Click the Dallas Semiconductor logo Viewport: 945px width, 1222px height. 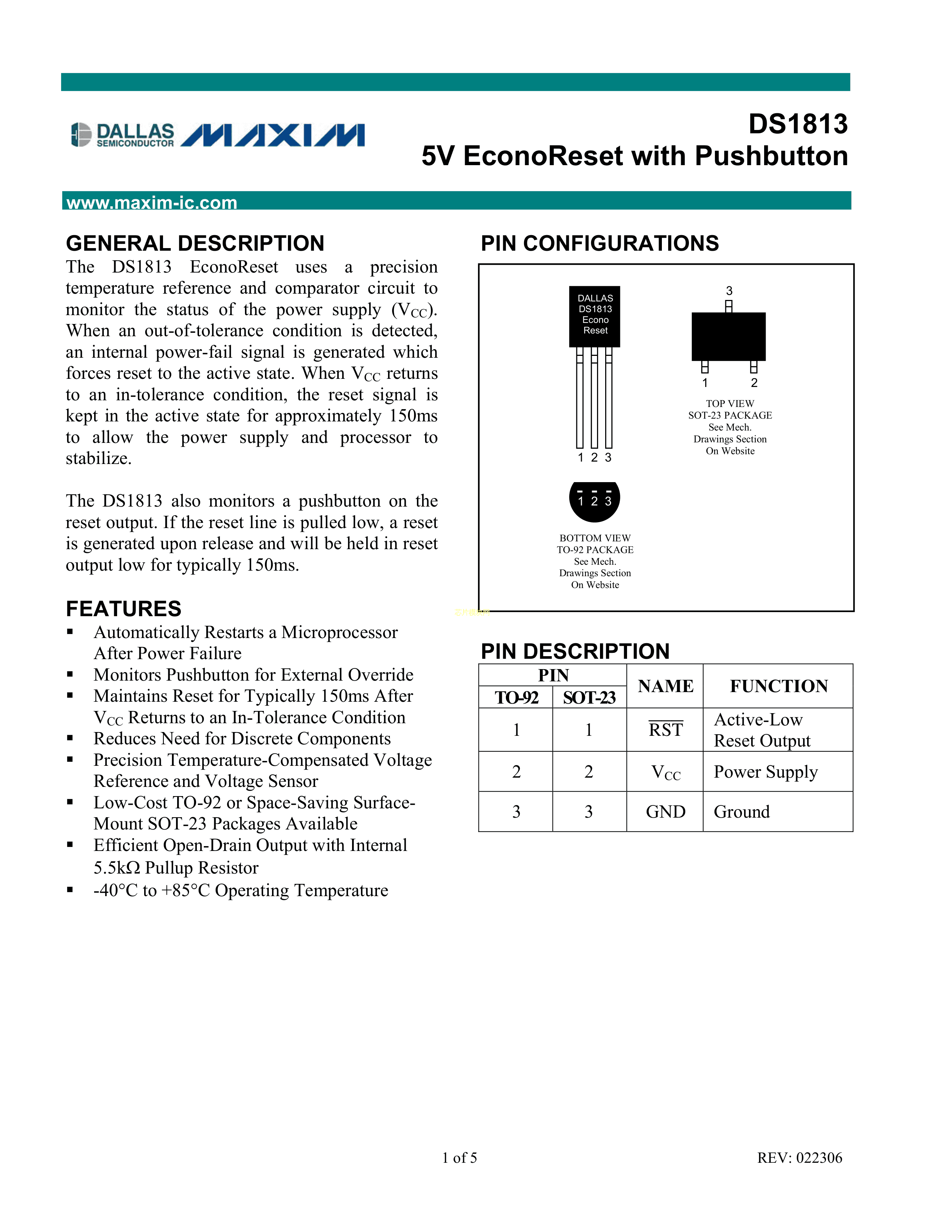coord(123,135)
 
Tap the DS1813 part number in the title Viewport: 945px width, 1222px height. coord(798,124)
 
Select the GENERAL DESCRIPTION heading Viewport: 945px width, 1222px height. coord(195,243)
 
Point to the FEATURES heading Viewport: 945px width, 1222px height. coord(124,609)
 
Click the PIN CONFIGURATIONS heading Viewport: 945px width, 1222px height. coord(600,243)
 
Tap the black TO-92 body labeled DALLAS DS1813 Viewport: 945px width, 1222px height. coord(594,317)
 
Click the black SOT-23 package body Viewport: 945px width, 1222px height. coord(728,336)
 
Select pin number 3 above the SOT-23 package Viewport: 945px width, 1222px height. coord(729,291)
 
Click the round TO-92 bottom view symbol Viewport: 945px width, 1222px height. coord(594,501)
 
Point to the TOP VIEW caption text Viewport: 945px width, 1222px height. coord(730,403)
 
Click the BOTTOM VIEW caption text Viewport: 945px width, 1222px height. coord(595,538)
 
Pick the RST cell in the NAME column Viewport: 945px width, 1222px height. coord(666,729)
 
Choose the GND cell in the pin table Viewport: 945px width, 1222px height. coord(666,811)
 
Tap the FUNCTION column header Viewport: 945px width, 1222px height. coord(779,686)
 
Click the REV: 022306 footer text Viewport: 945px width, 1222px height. coord(799,1158)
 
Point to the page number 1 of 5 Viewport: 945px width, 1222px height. coord(459,1158)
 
